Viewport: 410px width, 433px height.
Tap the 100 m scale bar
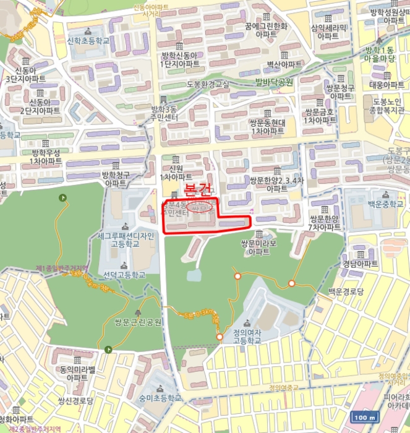364,417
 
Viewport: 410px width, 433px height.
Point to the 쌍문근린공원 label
137,321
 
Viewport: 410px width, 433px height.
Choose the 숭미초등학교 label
161,398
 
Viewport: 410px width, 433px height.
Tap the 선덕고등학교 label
124,274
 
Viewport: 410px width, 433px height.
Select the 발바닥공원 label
273,81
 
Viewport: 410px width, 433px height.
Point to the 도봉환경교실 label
207,84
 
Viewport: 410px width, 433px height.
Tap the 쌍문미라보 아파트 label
258,247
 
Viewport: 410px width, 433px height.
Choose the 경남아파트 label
360,264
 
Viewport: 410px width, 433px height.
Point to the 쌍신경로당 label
75,401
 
